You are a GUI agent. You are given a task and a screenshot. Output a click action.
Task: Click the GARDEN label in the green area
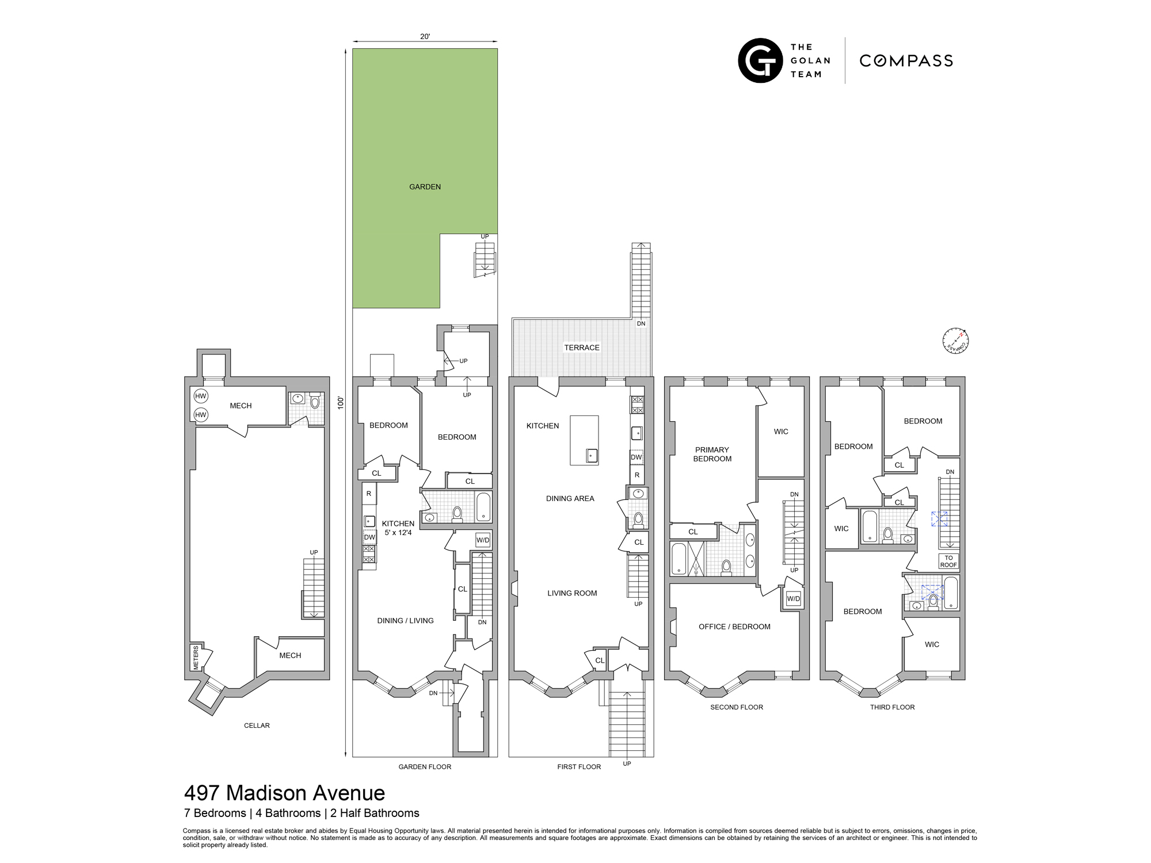click(425, 187)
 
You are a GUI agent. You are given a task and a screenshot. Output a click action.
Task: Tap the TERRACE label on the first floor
click(581, 348)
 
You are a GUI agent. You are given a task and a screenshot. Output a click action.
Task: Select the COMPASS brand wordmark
click(906, 61)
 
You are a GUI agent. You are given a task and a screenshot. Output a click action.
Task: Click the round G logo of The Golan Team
click(760, 60)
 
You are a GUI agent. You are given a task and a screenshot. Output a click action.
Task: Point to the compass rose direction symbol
click(955, 341)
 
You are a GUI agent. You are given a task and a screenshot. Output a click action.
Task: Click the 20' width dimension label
click(425, 36)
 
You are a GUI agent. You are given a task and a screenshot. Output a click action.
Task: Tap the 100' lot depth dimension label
click(341, 402)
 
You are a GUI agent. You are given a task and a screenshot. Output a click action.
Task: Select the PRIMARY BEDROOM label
click(712, 454)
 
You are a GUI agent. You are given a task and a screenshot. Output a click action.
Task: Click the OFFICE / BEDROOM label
click(734, 627)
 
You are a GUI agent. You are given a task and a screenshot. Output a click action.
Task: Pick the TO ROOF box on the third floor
click(948, 561)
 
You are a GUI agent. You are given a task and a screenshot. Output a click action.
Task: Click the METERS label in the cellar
click(196, 657)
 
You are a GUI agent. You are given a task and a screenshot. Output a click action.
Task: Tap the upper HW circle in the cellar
click(200, 396)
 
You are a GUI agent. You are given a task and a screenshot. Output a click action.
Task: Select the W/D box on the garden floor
click(483, 540)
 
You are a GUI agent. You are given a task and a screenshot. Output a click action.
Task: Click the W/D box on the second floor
click(793, 598)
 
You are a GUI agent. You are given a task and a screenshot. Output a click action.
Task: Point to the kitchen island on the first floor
click(584, 440)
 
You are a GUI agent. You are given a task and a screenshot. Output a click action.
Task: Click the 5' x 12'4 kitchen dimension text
click(398, 533)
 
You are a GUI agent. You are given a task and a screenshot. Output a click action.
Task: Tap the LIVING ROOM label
click(572, 593)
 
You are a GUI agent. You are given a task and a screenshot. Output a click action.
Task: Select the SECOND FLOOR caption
click(736, 707)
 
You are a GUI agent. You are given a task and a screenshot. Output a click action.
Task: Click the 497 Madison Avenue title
click(284, 793)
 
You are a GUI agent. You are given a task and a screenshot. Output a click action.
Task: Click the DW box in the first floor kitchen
click(637, 457)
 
